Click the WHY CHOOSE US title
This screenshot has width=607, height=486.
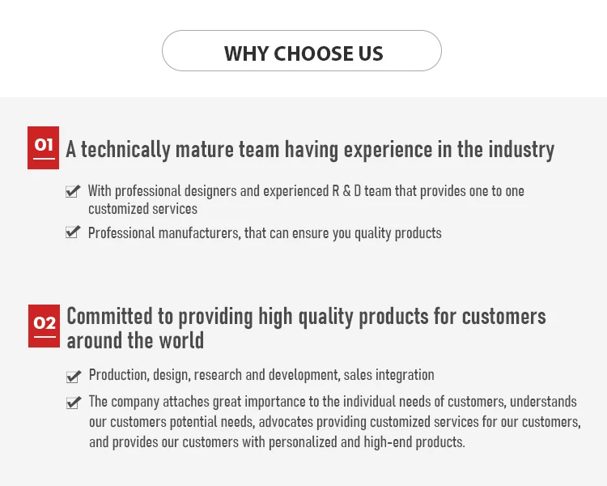[303, 53]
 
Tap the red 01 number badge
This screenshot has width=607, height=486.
[44, 147]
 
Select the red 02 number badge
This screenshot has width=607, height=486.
[45, 326]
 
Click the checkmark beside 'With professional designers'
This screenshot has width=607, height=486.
[73, 190]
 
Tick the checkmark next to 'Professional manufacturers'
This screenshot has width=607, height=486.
[73, 232]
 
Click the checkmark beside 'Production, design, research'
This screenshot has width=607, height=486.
[74, 376]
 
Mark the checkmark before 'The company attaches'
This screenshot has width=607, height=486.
[74, 403]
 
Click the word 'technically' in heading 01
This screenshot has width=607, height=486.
[125, 150]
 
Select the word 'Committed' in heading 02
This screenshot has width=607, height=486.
[109, 316]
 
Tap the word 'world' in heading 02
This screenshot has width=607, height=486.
[181, 340]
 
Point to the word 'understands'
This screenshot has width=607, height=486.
[543, 402]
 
